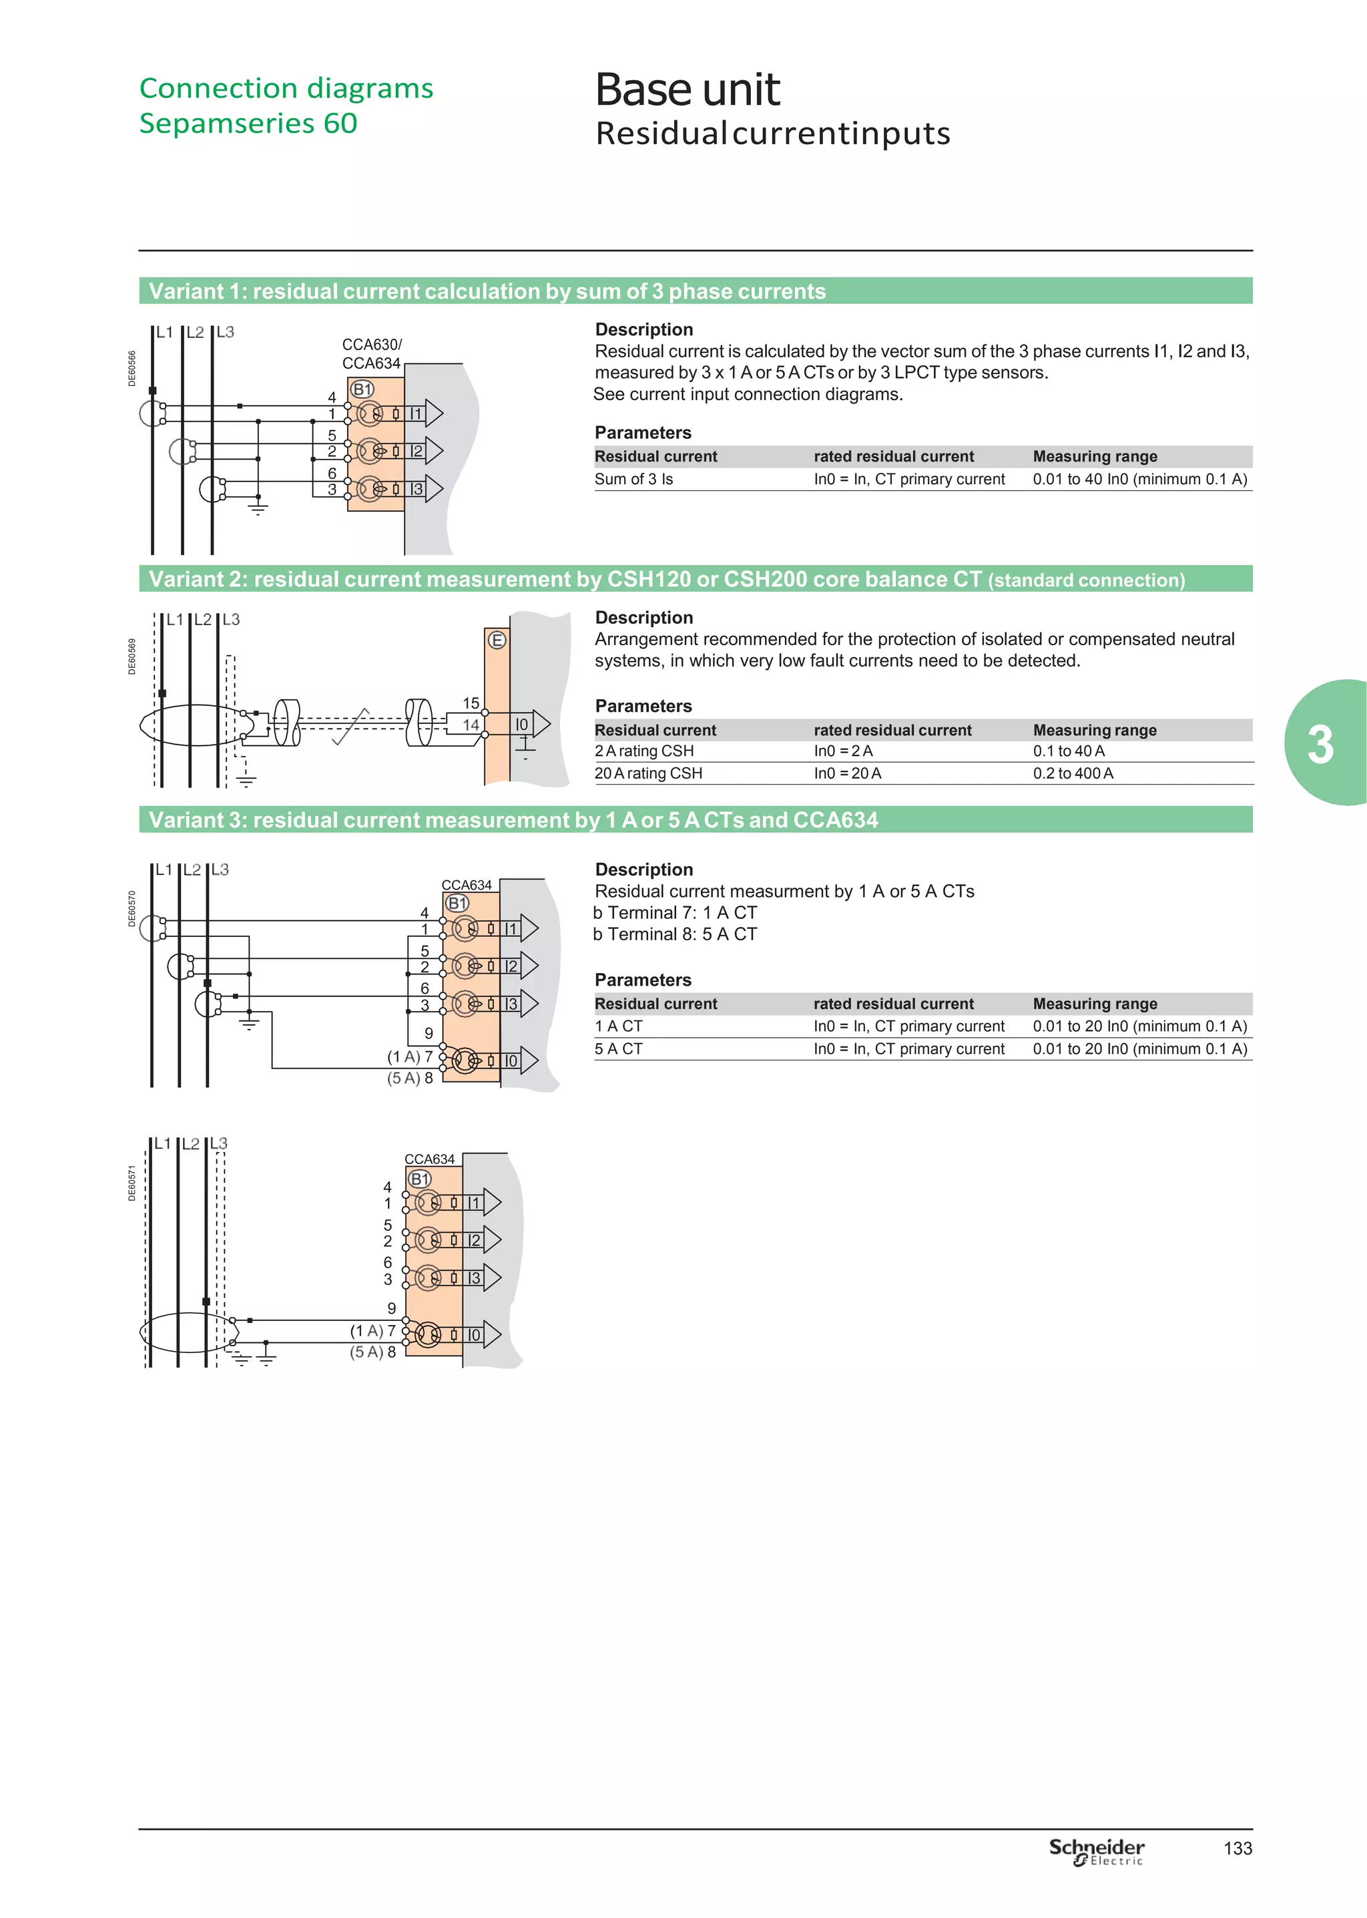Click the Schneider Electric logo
point(1096,1851)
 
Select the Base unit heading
point(687,89)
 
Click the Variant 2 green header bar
point(696,579)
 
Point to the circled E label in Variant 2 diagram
point(497,640)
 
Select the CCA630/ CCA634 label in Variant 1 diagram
point(371,354)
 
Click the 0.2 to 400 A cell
point(1073,773)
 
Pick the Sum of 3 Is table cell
point(634,479)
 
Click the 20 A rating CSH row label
point(648,773)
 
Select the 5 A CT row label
point(618,1048)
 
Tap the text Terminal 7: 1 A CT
point(681,913)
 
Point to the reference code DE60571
point(132,1183)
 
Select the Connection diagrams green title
point(286,88)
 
